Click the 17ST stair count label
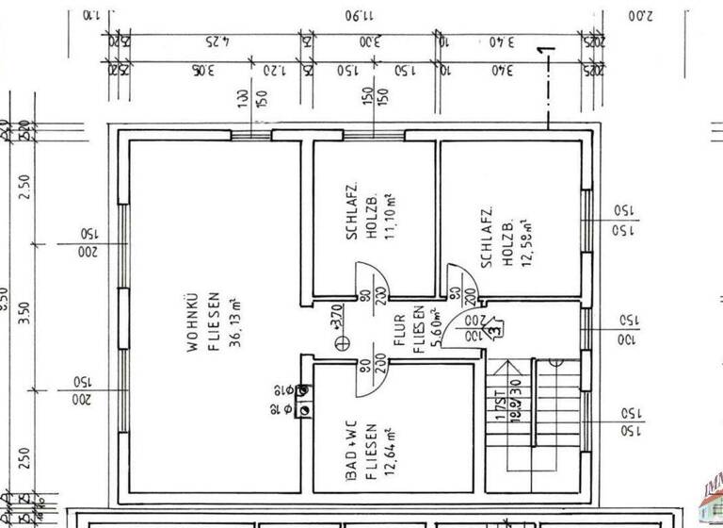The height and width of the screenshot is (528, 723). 500,412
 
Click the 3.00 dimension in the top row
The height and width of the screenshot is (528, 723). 370,43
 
